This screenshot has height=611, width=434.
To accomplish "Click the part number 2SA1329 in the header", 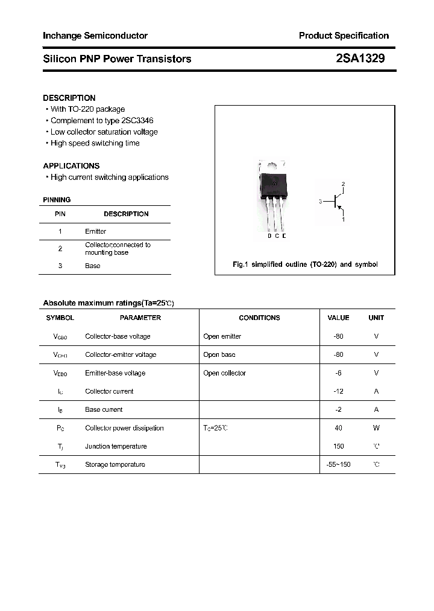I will pos(360,59).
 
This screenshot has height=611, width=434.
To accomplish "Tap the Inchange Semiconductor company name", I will pos(95,36).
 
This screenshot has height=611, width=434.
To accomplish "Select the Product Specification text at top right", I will pos(344,36).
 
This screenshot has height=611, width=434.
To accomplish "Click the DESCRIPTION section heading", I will pos(69,98).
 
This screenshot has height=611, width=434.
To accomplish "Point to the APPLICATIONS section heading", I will pos(71,165).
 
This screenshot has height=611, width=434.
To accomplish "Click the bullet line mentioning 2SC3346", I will pos(102,121).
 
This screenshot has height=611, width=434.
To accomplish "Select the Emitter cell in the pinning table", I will pos(95,231).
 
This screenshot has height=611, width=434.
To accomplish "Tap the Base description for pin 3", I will pos(92,266).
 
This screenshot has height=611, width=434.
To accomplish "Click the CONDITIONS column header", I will pos(259,318).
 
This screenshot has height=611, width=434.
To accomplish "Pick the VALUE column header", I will pos(338,318).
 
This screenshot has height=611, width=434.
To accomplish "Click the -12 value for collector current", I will pos(338,391).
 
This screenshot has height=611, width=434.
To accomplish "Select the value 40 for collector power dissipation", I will pos(338,428).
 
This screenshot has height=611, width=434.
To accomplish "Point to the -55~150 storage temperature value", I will pos(338,465).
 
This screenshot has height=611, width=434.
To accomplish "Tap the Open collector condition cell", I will pos(224,373).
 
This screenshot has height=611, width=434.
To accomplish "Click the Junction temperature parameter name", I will pos(116,446).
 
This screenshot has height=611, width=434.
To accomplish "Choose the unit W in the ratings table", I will pos(376,428).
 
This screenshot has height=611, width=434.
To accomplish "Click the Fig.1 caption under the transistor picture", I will pos(305,264).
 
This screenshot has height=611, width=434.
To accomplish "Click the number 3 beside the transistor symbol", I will pos(321,202).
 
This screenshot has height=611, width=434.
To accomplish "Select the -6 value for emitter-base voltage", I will pos(338,373).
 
